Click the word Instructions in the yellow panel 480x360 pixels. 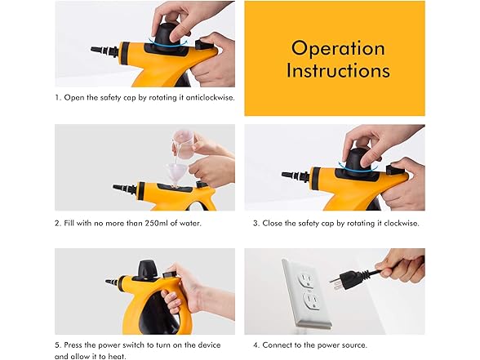pos(338,71)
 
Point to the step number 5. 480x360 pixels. pos(58,344)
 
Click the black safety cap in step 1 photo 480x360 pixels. pos(167,36)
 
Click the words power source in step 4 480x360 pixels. pos(342,344)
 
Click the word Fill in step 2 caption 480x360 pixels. pos(70,223)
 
